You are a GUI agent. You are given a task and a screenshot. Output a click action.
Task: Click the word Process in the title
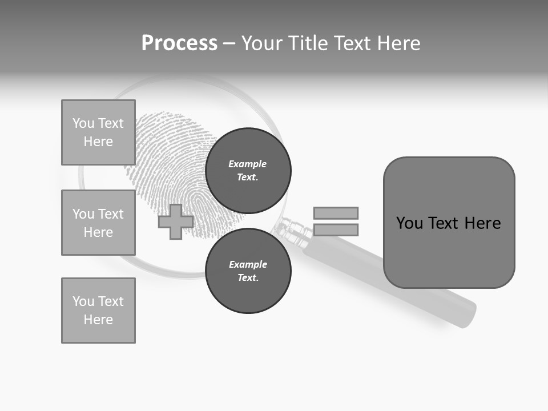coord(179,43)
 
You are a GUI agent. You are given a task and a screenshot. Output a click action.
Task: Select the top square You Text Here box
coord(98,132)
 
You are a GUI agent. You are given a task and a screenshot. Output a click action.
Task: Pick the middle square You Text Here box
coord(98,223)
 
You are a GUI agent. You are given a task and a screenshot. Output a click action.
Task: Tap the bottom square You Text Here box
coord(98,311)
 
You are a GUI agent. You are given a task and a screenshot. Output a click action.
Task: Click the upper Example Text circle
coord(248,170)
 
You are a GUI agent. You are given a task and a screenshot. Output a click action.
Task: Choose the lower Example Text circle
coord(248,271)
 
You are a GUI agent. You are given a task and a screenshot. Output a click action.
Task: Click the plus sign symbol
coord(176,221)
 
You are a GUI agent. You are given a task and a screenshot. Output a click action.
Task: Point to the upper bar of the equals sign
coord(336,213)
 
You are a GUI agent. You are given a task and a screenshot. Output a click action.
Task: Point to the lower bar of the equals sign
coord(336,229)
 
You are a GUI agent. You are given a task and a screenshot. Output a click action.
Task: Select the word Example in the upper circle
coord(248,164)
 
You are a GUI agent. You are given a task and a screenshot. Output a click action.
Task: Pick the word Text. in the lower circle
coord(248,278)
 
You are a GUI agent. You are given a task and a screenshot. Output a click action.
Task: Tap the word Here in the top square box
coord(98,142)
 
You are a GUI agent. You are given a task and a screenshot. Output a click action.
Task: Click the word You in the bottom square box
coord(83,301)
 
